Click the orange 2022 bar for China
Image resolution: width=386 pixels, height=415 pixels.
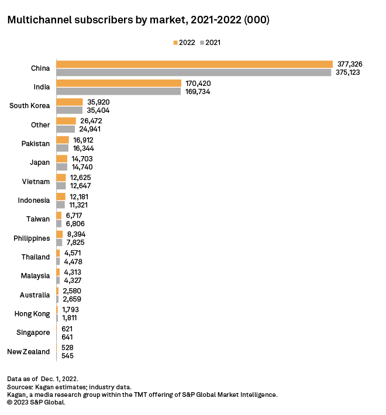point(194,64)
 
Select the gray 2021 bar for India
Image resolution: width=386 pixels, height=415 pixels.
point(118,91)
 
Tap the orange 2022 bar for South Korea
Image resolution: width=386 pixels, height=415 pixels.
point(69,102)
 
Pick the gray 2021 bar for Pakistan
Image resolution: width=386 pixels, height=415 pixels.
point(62,148)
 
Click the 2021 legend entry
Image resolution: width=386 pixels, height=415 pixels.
point(210,43)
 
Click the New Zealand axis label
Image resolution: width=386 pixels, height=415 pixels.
point(28,351)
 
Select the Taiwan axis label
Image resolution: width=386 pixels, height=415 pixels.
point(39,219)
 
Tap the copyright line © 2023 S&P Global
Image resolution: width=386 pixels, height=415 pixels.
point(36,402)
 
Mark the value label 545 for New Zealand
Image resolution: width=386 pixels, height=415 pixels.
point(67,355)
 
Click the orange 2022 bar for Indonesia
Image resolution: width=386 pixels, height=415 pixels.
point(61,196)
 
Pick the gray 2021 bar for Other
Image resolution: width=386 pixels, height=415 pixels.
point(66,129)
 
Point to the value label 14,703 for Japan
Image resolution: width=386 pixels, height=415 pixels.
point(81,158)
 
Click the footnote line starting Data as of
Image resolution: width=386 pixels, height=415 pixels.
point(43,379)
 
